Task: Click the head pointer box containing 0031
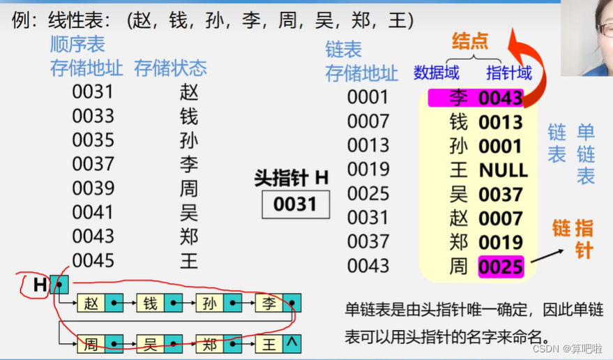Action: click(x=296, y=204)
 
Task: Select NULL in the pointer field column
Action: click(x=503, y=170)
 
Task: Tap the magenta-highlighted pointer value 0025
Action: click(x=501, y=267)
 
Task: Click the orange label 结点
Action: click(x=470, y=41)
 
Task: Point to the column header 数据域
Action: click(x=437, y=73)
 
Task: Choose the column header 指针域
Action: click(x=509, y=73)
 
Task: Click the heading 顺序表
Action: click(x=77, y=45)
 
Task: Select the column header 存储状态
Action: click(x=170, y=68)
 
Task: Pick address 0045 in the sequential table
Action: click(x=93, y=261)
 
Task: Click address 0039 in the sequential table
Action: click(x=93, y=188)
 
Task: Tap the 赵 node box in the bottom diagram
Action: click(x=91, y=303)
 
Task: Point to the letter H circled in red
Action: click(x=40, y=285)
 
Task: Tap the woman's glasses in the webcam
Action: click(x=604, y=31)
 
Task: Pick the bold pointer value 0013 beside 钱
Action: click(x=501, y=123)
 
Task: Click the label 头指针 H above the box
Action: click(x=292, y=178)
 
